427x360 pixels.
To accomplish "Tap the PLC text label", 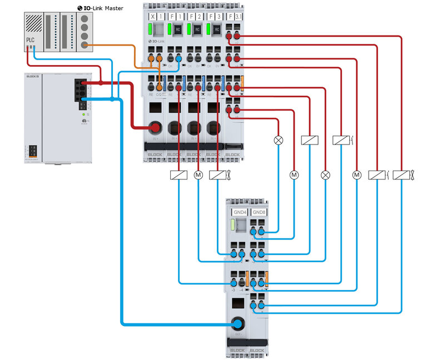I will [30, 40].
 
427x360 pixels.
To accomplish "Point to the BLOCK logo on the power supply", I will [32, 76].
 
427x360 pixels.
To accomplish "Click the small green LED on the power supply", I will [83, 114].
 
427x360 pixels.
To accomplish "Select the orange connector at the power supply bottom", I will [32, 151].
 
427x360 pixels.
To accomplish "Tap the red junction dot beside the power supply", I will [101, 83].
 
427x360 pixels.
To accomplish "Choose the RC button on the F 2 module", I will [197, 29].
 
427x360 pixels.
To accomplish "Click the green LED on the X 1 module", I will [152, 29].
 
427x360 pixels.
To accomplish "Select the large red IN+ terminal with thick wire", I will [156, 127].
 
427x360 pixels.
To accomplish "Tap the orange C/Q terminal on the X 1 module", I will [160, 87].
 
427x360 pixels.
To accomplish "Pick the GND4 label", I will [240, 212].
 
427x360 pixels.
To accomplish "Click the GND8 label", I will [259, 212].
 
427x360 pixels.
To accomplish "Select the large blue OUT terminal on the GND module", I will [239, 324].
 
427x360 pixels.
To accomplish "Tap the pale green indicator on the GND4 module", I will [234, 225].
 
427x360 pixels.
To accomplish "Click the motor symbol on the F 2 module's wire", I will [198, 175].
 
